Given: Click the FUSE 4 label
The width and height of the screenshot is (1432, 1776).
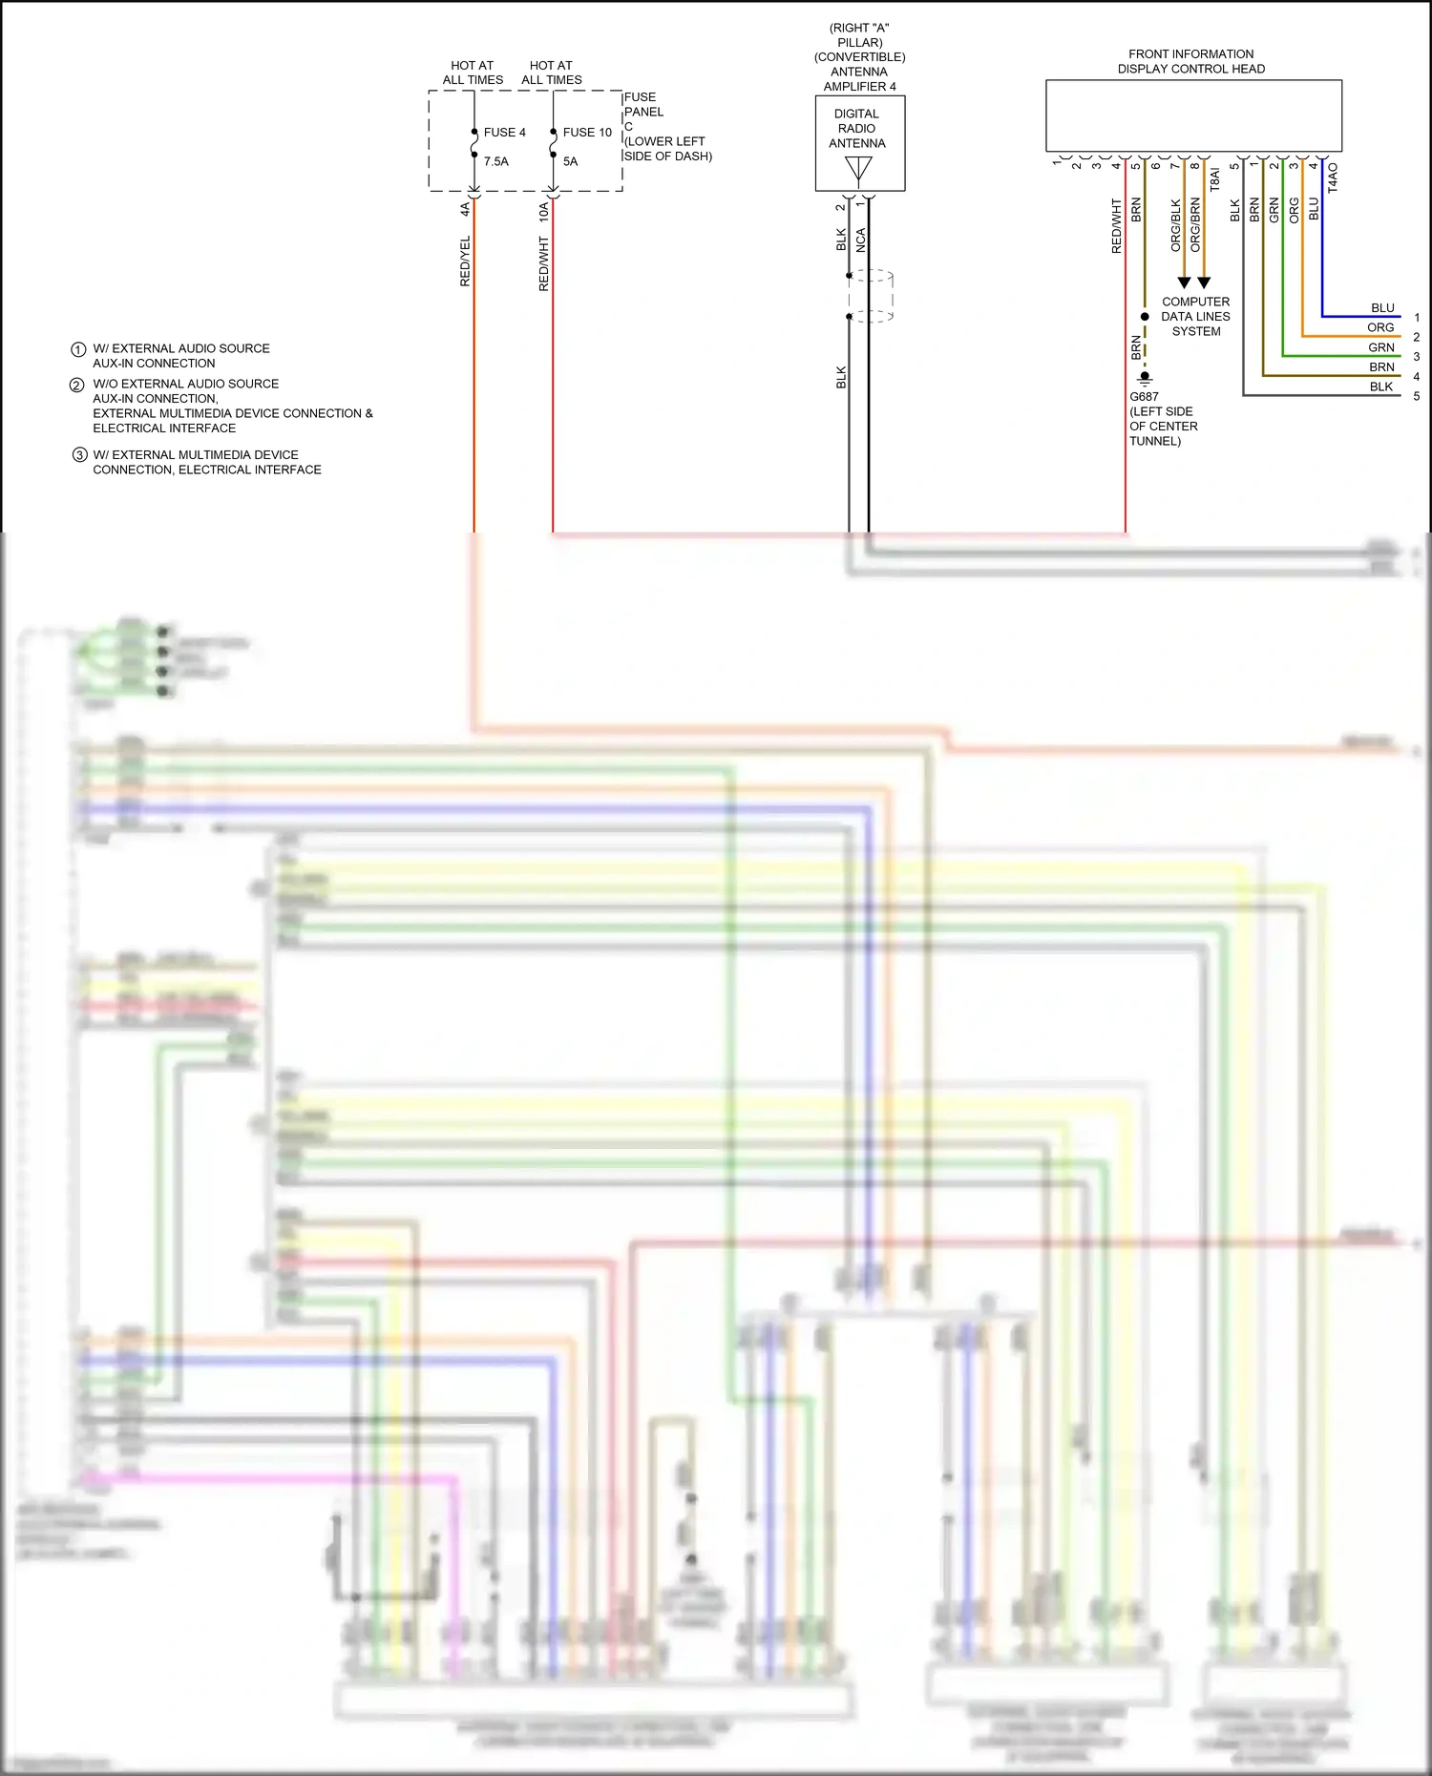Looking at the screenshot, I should tap(504, 133).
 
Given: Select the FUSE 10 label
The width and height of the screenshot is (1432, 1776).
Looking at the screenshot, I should tap(586, 133).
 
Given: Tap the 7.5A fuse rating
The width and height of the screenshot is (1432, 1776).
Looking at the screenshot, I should tap(495, 161).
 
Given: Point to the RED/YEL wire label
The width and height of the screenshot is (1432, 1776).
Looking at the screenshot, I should tap(465, 261).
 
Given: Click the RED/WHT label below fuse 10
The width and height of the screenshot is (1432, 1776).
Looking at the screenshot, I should tap(544, 264).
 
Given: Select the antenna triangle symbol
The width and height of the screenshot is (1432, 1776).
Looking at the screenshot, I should tap(858, 169).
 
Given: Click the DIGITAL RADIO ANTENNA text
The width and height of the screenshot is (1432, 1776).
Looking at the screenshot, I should tap(856, 129).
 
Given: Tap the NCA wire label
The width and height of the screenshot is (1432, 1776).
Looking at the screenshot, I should tap(861, 240).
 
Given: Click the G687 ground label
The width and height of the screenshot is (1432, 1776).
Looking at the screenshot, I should tap(1144, 397).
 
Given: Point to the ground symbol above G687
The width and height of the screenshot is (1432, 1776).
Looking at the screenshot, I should tap(1145, 378).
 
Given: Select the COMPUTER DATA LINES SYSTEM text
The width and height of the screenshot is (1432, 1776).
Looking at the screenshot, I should tap(1195, 317).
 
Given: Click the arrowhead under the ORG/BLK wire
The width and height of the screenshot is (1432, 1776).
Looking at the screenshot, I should tap(1184, 282).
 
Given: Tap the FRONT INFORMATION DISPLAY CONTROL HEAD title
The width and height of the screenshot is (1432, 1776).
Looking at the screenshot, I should tap(1190, 61).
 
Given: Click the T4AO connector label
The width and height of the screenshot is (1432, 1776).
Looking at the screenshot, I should tap(1333, 178).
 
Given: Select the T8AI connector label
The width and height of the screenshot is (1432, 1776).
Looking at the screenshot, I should tap(1214, 179).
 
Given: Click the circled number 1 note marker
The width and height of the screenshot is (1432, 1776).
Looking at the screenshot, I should tap(78, 349).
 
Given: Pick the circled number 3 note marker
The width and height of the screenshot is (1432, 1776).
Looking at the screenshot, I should tap(80, 455).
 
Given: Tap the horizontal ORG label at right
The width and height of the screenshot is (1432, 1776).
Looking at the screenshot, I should tap(1380, 327).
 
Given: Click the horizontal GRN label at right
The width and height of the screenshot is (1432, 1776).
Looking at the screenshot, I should tap(1380, 347).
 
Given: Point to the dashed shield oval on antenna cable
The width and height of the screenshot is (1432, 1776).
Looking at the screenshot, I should tap(871, 296).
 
